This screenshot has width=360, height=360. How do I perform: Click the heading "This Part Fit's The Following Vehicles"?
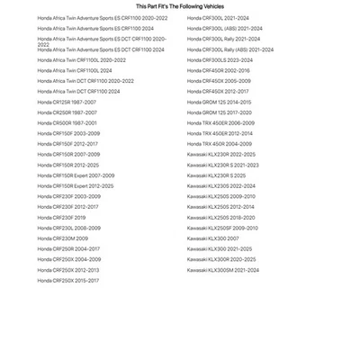point(179,5)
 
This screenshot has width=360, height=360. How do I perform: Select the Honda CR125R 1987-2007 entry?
point(67,102)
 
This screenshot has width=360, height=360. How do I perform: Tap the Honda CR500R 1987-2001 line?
point(67,123)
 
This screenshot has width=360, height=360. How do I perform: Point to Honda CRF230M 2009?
point(63,238)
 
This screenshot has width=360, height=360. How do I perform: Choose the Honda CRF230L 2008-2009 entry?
point(69,228)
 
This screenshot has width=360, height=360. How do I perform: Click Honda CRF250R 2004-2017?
point(68,249)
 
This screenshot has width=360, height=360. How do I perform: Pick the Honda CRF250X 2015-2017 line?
point(68,281)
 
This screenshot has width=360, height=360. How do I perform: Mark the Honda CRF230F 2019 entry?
point(61,218)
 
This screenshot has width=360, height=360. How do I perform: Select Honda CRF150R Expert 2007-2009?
point(76,175)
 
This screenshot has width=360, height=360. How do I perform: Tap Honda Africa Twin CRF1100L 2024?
point(75,70)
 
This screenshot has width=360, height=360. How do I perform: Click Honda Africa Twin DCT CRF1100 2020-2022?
point(85,81)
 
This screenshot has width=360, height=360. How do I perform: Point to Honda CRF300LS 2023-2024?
point(220,60)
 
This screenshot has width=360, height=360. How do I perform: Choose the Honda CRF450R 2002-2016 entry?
point(219,70)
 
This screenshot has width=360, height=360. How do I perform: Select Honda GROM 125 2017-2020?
point(220,112)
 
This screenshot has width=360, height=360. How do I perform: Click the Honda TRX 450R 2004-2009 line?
point(220,144)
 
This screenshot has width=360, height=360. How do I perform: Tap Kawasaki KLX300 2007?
point(213,238)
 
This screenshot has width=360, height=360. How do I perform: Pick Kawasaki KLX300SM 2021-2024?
point(223,270)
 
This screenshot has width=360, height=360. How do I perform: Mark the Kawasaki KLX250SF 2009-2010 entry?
point(222,228)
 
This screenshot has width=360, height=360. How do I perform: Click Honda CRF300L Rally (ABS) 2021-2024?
point(230,49)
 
